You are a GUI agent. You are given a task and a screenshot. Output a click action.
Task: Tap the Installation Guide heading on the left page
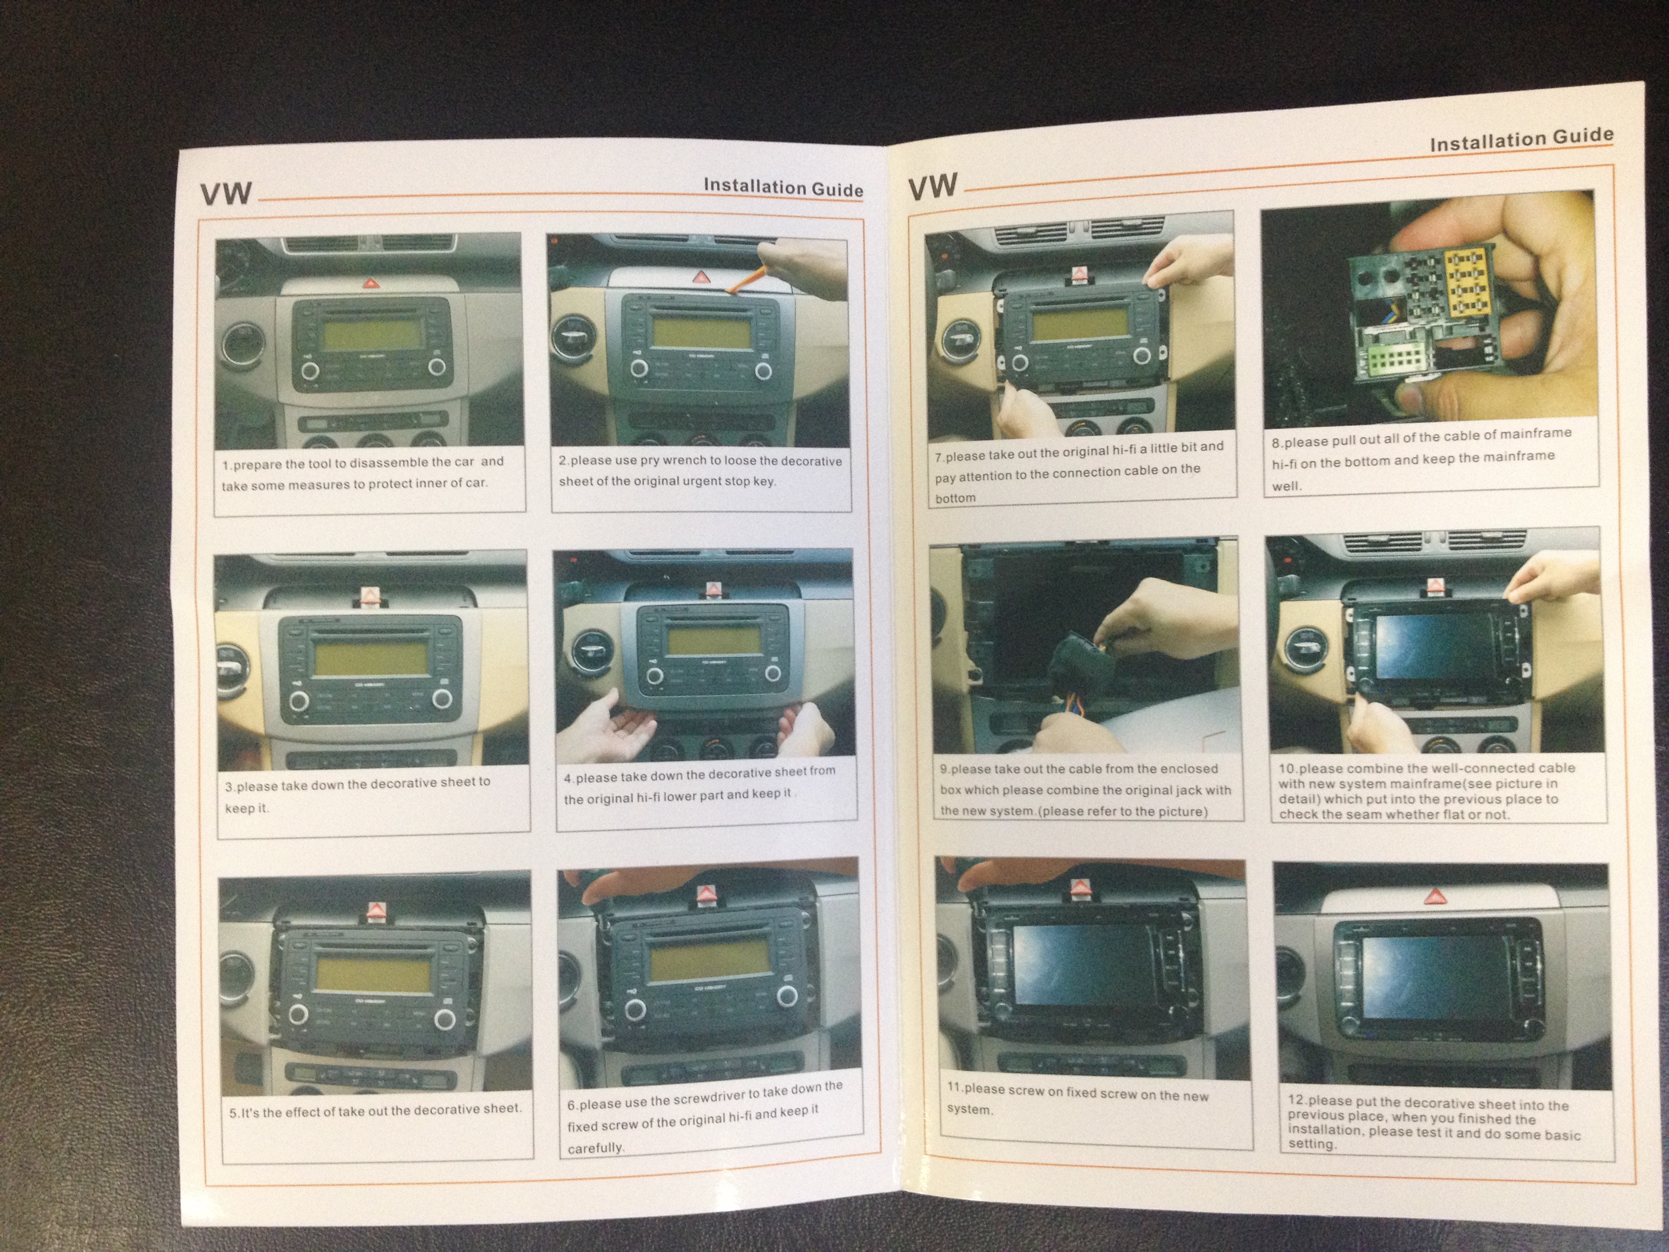tap(783, 187)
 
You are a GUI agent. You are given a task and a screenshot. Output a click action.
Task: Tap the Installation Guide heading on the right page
tap(1522, 140)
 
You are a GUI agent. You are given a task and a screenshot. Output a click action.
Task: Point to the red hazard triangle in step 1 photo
tap(371, 284)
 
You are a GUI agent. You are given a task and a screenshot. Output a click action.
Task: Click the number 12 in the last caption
tap(1297, 1100)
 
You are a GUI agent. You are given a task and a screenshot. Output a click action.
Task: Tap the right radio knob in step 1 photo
tap(436, 368)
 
